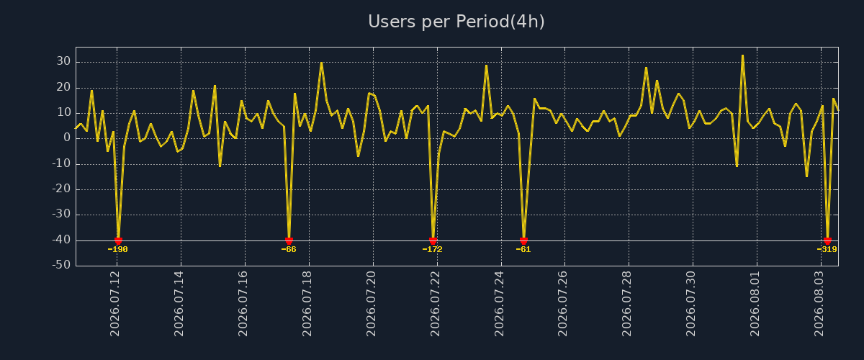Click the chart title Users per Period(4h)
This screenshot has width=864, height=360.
(x=456, y=22)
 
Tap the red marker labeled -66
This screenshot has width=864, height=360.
(x=289, y=240)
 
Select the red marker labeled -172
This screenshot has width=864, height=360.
(x=433, y=240)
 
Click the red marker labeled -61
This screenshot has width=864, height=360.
(x=523, y=240)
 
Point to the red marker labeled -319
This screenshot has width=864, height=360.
(x=827, y=240)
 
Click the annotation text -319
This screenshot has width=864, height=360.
(x=827, y=249)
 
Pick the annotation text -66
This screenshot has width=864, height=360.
(x=289, y=249)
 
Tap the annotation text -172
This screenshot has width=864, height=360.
(x=433, y=249)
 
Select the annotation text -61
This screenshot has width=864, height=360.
(x=523, y=249)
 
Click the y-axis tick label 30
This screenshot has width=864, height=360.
(x=63, y=61)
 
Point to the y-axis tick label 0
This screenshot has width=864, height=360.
(x=67, y=138)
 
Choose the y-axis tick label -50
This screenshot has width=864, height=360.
(x=61, y=265)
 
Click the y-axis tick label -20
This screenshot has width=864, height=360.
(x=61, y=189)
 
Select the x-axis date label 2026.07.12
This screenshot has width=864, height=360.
(x=115, y=304)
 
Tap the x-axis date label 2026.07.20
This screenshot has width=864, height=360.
(x=371, y=304)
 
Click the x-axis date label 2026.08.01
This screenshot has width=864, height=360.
(x=755, y=304)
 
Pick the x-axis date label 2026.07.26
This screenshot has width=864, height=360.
(x=563, y=304)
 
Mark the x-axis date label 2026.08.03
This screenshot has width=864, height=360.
(x=819, y=304)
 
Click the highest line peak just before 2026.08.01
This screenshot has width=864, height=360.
(x=742, y=55)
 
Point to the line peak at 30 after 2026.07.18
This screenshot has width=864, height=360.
(x=321, y=63)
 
